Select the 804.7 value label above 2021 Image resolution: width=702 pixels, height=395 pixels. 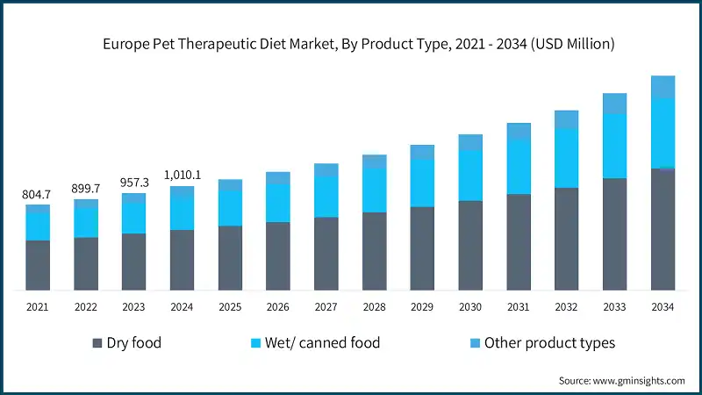coord(38,194)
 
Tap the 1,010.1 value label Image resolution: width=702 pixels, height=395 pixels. coord(183,175)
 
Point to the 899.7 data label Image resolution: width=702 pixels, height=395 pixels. coord(86,188)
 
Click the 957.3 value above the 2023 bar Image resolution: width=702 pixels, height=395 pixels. coord(134,183)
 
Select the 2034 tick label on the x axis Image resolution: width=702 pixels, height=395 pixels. coord(663,307)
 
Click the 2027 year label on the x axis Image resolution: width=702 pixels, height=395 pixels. coord(326,307)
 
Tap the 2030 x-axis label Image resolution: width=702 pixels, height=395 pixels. coord(470,307)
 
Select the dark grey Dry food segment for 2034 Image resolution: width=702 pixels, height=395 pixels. coord(663,229)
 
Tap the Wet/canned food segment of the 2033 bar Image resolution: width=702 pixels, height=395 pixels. coord(614,146)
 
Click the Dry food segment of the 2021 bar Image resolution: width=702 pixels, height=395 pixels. coord(38,265)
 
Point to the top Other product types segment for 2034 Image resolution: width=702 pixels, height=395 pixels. coord(663,87)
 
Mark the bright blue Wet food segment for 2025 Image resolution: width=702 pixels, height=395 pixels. coord(230,208)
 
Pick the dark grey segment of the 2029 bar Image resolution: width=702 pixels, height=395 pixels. coord(422,248)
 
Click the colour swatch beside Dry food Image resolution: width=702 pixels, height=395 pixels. coord(97,343)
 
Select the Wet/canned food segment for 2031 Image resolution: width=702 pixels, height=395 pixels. coord(519,167)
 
